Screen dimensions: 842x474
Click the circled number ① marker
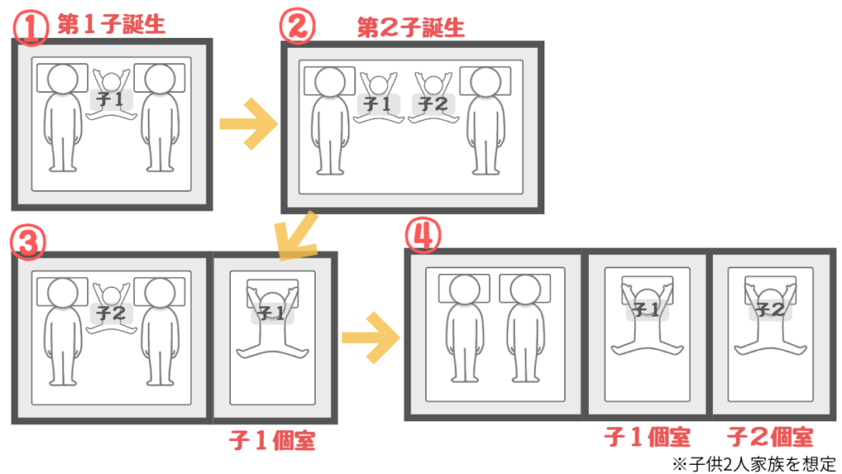tap(30, 27)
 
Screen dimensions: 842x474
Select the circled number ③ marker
tap(28, 241)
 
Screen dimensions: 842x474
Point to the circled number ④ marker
tap(423, 235)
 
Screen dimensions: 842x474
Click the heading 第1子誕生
tap(111, 25)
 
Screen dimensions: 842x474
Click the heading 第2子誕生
tap(411, 27)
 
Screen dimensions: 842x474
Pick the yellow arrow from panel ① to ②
tap(248, 124)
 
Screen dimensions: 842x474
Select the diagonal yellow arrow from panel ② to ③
tap(295, 236)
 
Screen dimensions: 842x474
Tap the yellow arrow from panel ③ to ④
tap(371, 337)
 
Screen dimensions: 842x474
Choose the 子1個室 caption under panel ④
tap(647, 437)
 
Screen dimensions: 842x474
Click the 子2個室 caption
tap(770, 437)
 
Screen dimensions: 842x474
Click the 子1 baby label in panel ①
tap(111, 100)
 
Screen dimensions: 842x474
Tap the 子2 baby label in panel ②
tap(433, 103)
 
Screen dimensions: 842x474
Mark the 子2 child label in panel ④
tap(770, 309)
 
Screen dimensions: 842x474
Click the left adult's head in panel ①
tap(62, 80)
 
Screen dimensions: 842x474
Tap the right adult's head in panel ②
tap(485, 82)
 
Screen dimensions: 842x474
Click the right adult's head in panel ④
tap(525, 290)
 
